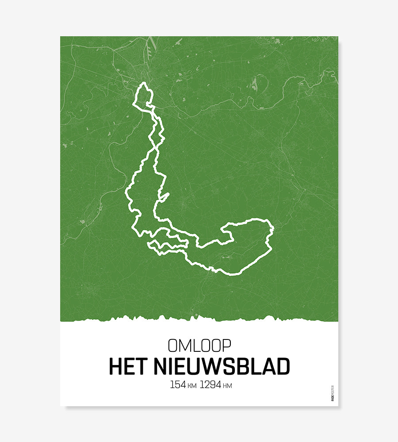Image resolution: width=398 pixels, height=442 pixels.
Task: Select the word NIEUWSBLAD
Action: point(222,366)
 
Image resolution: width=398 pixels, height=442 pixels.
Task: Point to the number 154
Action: point(178,385)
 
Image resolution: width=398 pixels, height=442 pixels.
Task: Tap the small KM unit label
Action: point(192,386)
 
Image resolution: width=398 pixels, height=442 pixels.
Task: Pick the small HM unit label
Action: point(227,386)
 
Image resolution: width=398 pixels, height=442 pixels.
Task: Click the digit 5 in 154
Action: point(178,385)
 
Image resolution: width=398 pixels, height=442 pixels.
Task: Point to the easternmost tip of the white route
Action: point(274,228)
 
